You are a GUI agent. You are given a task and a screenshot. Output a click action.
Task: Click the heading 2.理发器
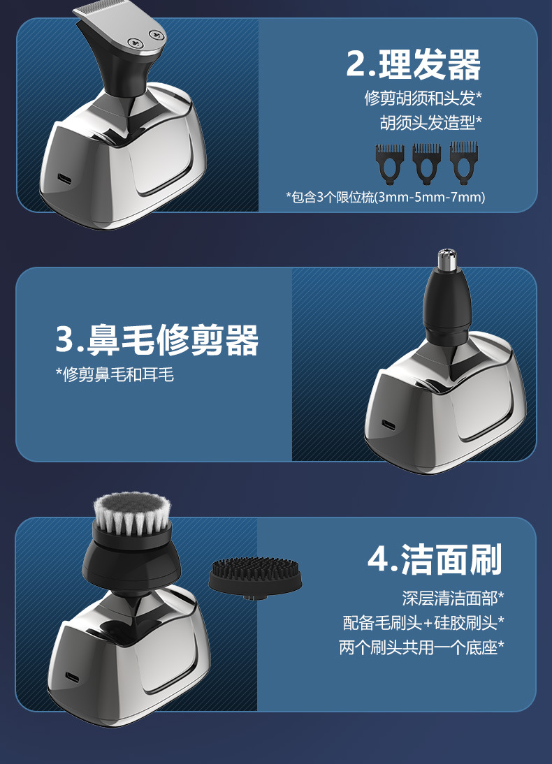(x=414, y=64)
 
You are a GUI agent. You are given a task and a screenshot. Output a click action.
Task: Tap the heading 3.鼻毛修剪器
(x=157, y=339)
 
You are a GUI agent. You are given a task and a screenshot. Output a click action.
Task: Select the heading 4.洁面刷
(x=435, y=559)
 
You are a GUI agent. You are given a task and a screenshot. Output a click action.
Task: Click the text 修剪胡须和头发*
(x=423, y=98)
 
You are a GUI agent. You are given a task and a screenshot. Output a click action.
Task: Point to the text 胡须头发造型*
(x=430, y=122)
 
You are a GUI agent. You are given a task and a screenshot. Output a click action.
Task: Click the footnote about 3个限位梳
(x=385, y=198)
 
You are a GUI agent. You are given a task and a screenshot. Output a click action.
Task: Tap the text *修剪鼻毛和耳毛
(x=115, y=375)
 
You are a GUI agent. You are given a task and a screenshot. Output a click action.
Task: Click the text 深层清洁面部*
(x=453, y=598)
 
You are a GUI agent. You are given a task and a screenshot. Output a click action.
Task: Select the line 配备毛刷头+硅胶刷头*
(x=423, y=623)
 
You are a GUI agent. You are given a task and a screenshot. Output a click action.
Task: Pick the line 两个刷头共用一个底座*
(x=422, y=647)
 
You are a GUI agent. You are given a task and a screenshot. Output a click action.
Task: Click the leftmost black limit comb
(x=390, y=163)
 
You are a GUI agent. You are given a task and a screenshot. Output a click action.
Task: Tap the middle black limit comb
(x=427, y=163)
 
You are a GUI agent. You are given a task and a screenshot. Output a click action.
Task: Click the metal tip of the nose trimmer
(x=447, y=260)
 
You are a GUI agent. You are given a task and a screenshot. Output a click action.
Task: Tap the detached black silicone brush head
(x=255, y=578)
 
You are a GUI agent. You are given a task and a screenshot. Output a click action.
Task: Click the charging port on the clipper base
(x=65, y=179)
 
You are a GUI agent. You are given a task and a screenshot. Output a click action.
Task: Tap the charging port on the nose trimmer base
(x=388, y=425)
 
